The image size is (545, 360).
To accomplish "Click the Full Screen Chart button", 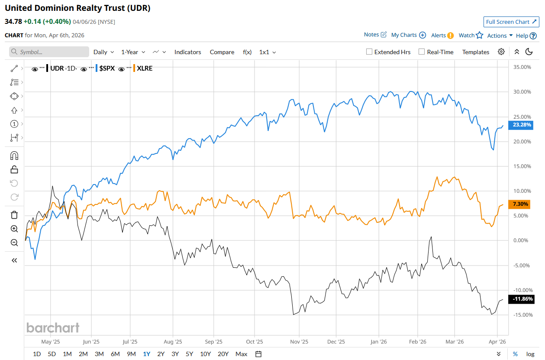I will (x=511, y=22).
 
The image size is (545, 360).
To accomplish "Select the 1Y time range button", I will (x=147, y=354).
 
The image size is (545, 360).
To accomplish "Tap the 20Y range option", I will (x=223, y=354).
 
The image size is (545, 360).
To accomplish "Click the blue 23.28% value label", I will (x=522, y=125).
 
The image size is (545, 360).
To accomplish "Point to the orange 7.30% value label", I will (x=520, y=204).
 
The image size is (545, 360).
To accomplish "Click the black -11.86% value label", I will (x=522, y=299).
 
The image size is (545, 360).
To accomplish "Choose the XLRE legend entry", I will (x=145, y=68).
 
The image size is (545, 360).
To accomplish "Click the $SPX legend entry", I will (x=107, y=68).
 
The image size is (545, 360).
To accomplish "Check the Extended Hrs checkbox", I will (x=369, y=52).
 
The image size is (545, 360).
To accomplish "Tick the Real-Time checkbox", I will (x=422, y=52).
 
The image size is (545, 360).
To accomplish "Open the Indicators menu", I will (x=187, y=52).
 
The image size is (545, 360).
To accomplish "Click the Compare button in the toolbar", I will (x=222, y=52).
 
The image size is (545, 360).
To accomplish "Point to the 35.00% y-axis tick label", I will (x=522, y=67).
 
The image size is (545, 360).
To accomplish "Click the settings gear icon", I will (x=501, y=52).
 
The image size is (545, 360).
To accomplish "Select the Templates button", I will (x=476, y=52).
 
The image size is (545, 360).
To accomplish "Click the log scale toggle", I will (x=530, y=354).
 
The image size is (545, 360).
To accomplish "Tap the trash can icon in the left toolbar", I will (x=14, y=215).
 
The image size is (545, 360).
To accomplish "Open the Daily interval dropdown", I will (x=103, y=52).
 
